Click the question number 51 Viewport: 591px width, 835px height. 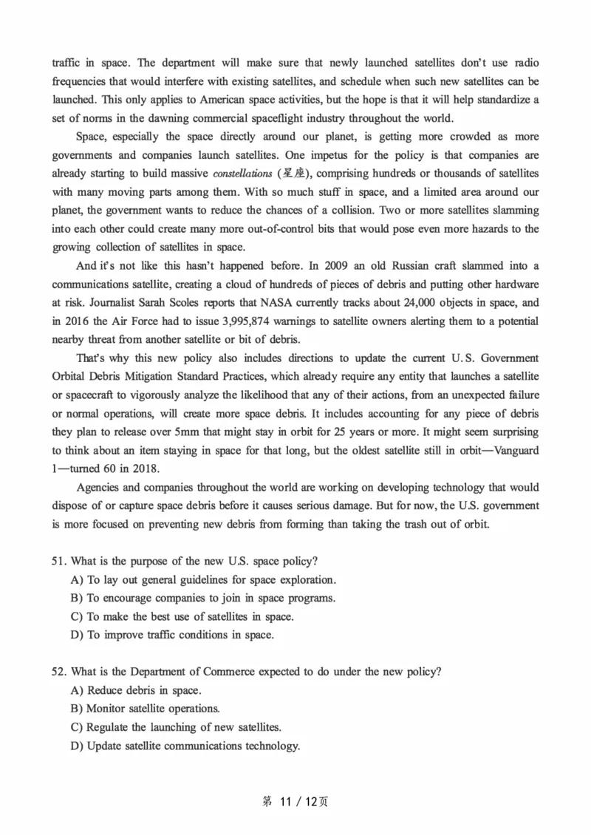(60, 561)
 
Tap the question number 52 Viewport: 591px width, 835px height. (60, 672)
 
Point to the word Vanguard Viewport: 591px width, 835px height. (513, 451)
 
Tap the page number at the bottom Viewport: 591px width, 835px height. (295, 802)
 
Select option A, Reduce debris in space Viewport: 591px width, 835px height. (136, 690)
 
